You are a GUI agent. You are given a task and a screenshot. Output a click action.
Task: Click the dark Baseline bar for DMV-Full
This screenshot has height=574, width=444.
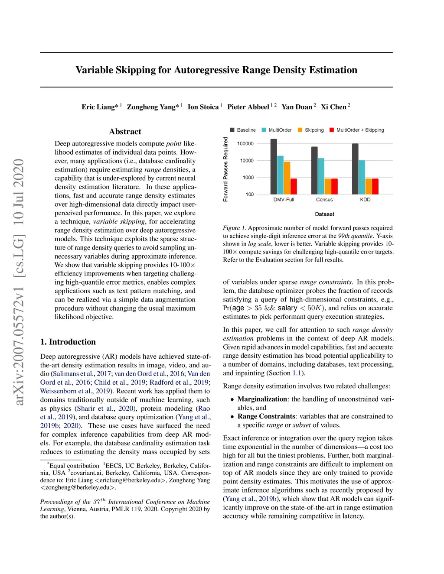click(274, 167)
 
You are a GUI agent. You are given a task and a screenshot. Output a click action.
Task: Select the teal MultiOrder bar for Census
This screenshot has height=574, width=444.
click(321, 176)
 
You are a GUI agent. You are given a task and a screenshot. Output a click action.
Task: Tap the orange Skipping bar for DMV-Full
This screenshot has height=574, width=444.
click(287, 178)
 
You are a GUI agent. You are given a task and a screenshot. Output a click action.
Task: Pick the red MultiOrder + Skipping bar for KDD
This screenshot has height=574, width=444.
click(375, 186)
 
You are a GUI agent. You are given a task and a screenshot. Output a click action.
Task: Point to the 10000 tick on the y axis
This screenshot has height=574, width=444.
click(247, 161)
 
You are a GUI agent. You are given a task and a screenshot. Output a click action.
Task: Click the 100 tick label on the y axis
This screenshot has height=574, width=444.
click(249, 195)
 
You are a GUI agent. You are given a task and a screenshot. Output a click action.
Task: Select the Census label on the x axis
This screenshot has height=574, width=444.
click(324, 200)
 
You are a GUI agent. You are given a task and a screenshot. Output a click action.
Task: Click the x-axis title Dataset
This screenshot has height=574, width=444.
click(324, 214)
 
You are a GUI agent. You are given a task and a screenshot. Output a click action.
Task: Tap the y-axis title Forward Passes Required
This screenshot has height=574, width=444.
click(225, 169)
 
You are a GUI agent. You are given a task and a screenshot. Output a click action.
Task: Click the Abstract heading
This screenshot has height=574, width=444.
click(125, 132)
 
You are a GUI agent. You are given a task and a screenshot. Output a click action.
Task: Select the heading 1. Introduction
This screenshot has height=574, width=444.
click(68, 342)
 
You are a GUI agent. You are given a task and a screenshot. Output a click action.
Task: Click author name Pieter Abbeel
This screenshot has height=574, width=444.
click(248, 107)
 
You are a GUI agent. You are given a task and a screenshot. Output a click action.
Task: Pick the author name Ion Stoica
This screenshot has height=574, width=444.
click(203, 107)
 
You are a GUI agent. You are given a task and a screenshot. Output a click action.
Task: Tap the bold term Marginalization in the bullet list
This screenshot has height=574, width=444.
click(262, 399)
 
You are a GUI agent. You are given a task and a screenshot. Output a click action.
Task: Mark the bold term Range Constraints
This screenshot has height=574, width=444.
click(266, 416)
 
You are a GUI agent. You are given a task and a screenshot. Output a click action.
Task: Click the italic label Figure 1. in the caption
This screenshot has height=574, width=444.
click(234, 228)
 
